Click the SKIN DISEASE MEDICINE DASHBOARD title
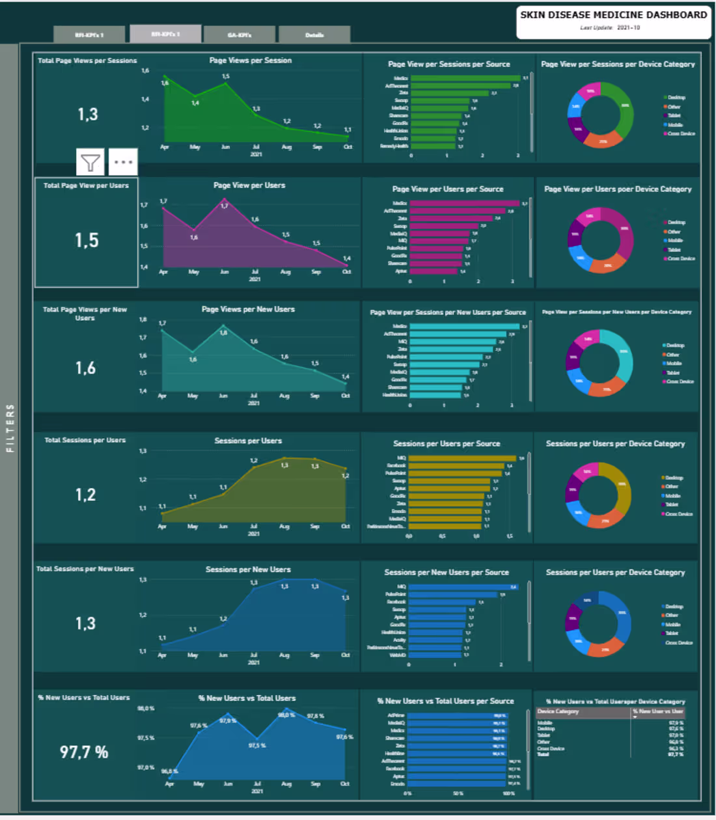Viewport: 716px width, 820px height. [x=613, y=15]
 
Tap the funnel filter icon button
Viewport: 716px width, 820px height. [x=90, y=162]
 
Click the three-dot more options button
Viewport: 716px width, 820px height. [x=123, y=162]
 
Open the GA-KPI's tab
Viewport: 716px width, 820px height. [x=240, y=35]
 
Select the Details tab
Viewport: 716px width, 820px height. [x=314, y=35]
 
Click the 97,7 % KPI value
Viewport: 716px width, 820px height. [x=84, y=752]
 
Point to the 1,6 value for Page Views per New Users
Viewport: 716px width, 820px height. [x=85, y=368]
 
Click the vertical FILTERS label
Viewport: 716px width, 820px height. [x=10, y=428]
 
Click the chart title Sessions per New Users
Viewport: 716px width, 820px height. [x=248, y=569]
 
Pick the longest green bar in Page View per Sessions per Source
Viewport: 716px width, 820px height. [x=465, y=78]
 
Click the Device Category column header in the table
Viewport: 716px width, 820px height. [x=558, y=711]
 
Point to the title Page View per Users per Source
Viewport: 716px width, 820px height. [x=448, y=189]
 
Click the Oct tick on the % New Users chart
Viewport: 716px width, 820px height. [x=345, y=784]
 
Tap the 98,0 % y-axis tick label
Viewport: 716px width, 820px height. [x=146, y=708]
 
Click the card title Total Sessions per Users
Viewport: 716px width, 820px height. [x=85, y=440]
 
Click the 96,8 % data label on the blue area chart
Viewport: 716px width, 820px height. [x=170, y=771]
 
